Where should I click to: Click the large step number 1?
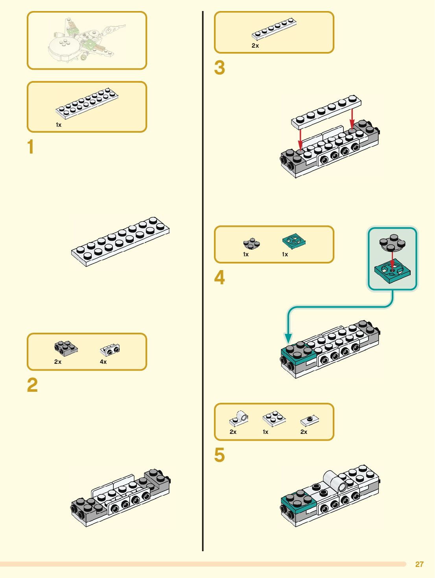31,147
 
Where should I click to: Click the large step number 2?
32,385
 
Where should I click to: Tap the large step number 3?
219,68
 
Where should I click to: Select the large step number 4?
219,278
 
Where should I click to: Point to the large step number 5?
219,455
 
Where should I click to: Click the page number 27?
419,564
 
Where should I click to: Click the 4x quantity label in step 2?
103,362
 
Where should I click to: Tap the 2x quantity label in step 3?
255,46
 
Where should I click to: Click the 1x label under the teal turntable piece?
285,254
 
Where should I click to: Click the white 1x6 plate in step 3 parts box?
274,29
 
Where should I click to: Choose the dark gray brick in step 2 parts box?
65,348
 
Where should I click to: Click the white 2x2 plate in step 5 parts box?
274,419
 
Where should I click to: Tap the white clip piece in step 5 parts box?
239,419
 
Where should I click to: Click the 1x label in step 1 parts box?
59,125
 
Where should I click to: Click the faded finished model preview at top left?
87,41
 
